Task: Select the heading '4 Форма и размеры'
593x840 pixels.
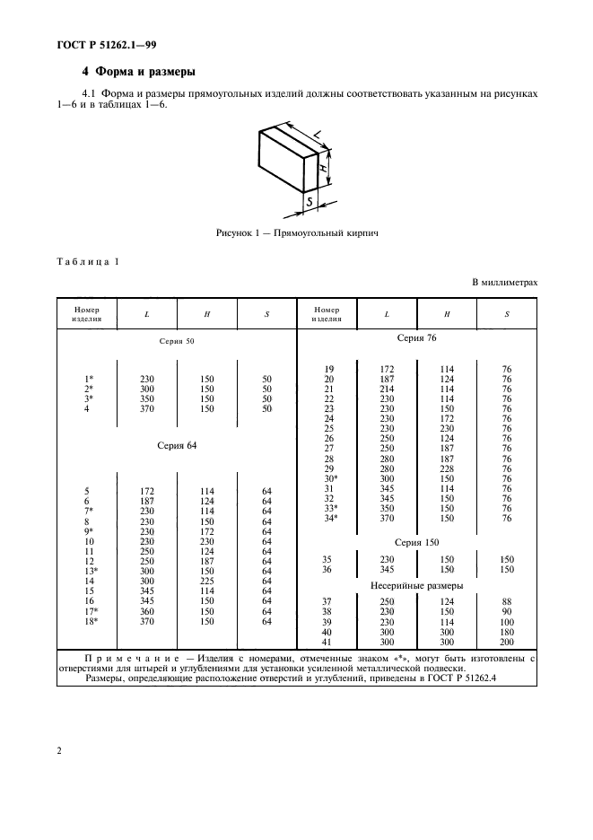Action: click(x=139, y=71)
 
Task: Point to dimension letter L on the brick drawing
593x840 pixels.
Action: click(x=320, y=136)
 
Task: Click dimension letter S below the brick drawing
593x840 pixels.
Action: click(x=309, y=204)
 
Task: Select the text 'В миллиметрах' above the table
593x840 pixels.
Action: click(x=505, y=283)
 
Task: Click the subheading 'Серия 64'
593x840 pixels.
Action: click(x=176, y=446)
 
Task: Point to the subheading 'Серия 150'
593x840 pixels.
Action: click(x=416, y=542)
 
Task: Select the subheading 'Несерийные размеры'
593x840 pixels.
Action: click(x=416, y=584)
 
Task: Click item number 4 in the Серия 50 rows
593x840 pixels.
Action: click(x=87, y=409)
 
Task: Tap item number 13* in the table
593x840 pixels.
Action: click(x=90, y=571)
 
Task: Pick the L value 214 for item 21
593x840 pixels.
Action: click(x=387, y=389)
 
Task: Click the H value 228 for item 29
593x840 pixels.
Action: click(x=447, y=468)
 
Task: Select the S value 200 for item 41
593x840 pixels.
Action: click(x=507, y=643)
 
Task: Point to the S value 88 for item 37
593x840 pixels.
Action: click(x=507, y=602)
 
